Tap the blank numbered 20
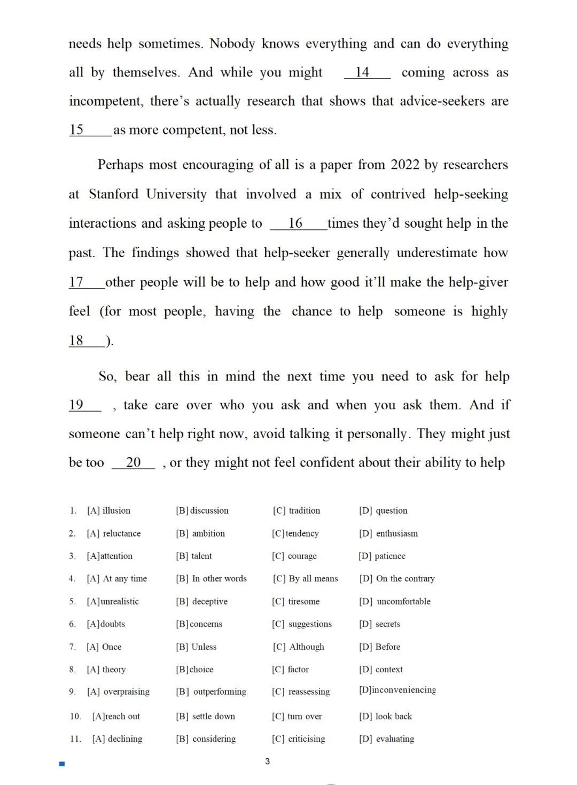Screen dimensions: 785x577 click(x=134, y=462)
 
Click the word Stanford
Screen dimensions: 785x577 click(x=121, y=194)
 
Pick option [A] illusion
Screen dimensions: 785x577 click(x=109, y=510)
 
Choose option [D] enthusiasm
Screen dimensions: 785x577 click(x=388, y=533)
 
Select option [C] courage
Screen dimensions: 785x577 click(x=294, y=556)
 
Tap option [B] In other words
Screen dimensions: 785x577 click(x=212, y=578)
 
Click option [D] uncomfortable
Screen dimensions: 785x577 click(x=395, y=601)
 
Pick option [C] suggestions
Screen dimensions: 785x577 click(x=302, y=624)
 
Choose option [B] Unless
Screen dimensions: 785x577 click(x=197, y=647)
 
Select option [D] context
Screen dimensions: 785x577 click(x=381, y=669)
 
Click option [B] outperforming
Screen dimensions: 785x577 click(x=211, y=691)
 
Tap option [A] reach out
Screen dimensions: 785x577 click(x=116, y=716)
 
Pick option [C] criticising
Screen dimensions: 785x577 click(x=299, y=739)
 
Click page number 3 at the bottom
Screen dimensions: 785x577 click(x=267, y=761)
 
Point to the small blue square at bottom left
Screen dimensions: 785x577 click(x=62, y=764)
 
